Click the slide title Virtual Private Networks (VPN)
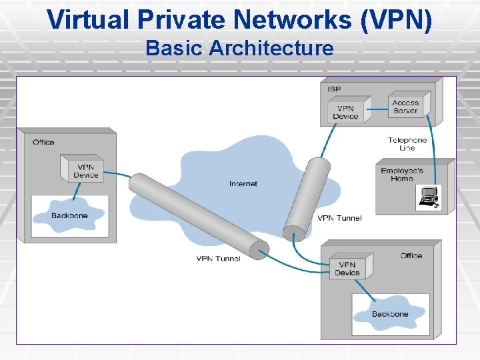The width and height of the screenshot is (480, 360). [x=240, y=19]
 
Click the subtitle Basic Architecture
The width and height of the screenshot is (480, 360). [x=239, y=48]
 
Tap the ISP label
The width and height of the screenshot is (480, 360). [x=334, y=89]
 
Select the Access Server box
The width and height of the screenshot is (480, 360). [x=407, y=107]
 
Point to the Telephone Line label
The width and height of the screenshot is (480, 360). [x=407, y=144]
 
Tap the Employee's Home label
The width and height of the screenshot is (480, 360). [x=402, y=175]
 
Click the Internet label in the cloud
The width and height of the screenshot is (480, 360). [x=243, y=184]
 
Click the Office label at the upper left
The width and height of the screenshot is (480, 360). [x=43, y=142]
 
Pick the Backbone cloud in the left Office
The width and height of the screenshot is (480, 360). [x=69, y=216]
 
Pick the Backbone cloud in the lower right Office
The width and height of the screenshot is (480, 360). [x=390, y=313]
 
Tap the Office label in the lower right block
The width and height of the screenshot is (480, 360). [x=411, y=256]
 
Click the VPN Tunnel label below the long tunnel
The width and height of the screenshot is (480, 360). [x=218, y=259]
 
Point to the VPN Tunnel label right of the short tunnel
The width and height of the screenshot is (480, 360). [x=339, y=218]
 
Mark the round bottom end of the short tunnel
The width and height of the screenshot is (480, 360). [x=293, y=233]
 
